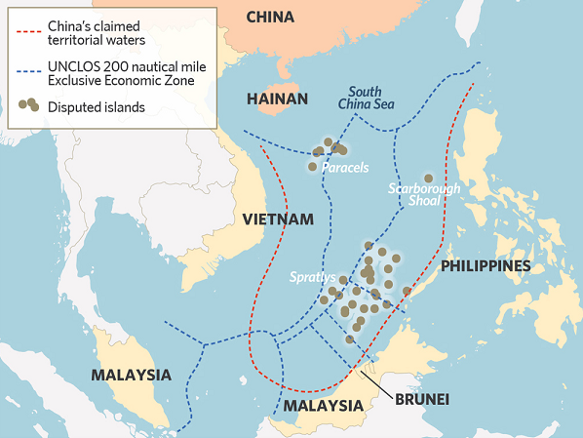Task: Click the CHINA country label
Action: point(270,17)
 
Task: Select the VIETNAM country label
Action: point(279,219)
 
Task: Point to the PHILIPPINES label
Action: point(486,265)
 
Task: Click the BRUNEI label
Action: point(422,399)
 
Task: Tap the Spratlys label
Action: point(312,278)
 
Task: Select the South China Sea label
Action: point(366,98)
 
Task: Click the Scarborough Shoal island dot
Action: point(428,179)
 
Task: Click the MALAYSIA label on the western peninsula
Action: point(131,375)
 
